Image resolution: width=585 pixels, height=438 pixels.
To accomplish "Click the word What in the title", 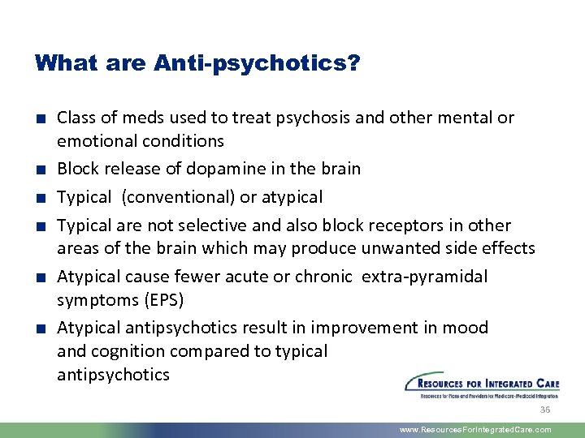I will (x=63, y=62).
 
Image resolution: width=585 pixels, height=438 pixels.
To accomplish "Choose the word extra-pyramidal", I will (x=425, y=277).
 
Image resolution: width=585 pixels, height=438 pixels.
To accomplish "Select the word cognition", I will (x=121, y=351).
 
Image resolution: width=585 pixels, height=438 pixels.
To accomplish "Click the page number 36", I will (x=545, y=410).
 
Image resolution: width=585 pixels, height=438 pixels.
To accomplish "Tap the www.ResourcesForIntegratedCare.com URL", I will (x=475, y=430).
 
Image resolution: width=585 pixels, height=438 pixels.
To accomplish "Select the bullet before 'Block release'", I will (x=39, y=170).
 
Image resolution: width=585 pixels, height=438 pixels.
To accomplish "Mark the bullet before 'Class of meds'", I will (x=39, y=118).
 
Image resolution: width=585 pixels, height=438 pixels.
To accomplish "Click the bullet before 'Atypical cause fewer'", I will (x=39, y=277).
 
